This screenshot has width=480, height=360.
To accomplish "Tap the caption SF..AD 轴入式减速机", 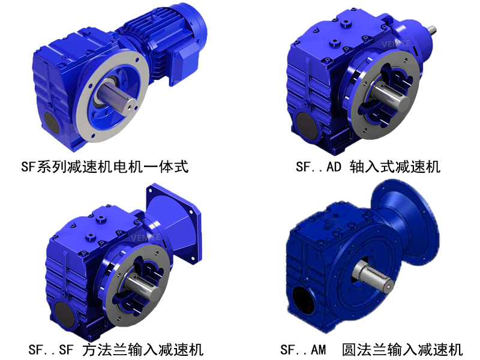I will [368, 166].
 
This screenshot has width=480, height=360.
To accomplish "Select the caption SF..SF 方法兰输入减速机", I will [115, 348].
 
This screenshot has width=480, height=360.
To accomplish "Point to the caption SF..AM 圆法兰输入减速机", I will [371, 348].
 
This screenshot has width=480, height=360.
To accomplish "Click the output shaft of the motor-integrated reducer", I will [116, 95].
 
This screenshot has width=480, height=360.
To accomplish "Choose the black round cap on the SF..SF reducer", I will [62, 310].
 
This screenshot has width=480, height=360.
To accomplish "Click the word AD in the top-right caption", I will [334, 166].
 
